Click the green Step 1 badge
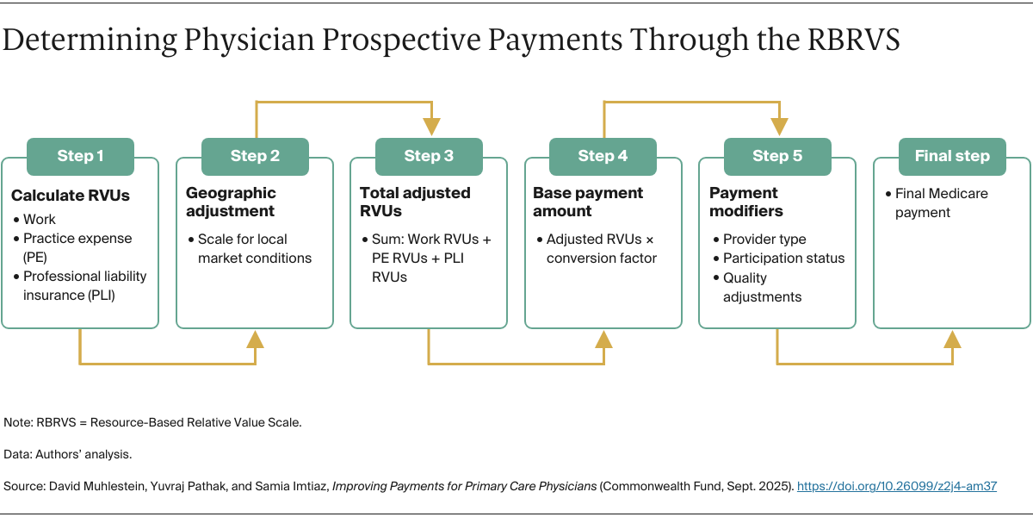[80, 156]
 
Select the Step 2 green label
[255, 156]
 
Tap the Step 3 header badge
[429, 156]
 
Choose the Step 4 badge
[603, 156]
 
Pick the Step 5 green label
[776, 156]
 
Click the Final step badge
[951, 156]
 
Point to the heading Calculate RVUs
[71, 196]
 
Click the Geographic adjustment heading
[231, 202]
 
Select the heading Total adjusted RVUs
[415, 202]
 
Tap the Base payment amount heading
[588, 202]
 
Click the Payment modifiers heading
[744, 202]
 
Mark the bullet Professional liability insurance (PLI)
[84, 286]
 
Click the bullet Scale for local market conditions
[254, 248]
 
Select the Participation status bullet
[783, 258]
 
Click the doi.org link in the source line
[896, 486]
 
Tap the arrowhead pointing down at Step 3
[430, 127]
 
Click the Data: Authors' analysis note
[68, 453]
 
